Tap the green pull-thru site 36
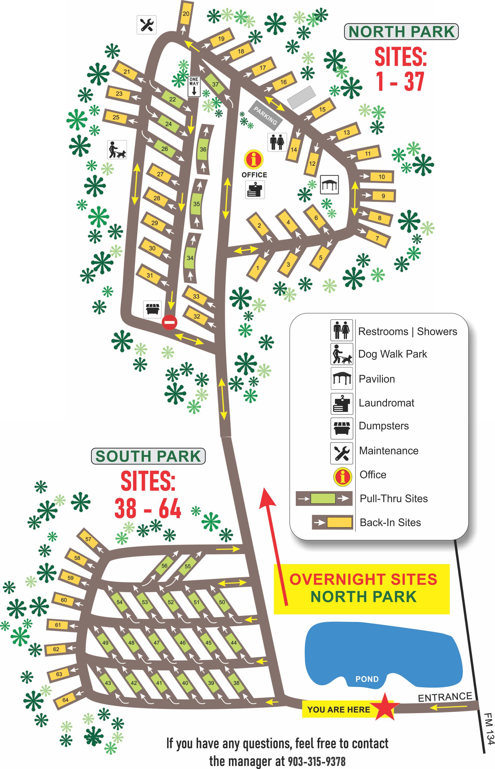pyautogui.click(x=203, y=149)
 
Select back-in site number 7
pyautogui.click(x=377, y=238)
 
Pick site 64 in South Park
pyautogui.click(x=66, y=700)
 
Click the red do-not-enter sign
pyautogui.click(x=170, y=322)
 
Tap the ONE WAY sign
pyautogui.click(x=194, y=86)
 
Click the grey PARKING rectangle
pyautogui.click(x=267, y=115)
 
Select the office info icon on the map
pyautogui.click(x=253, y=159)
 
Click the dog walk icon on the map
pyautogui.click(x=117, y=149)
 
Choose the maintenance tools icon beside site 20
pyautogui.click(x=146, y=25)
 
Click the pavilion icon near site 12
pyautogui.click(x=329, y=185)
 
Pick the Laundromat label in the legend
pyautogui.click(x=386, y=403)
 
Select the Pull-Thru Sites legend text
pyautogui.click(x=394, y=498)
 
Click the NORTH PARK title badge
pyautogui.click(x=401, y=32)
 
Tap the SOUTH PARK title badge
pyautogui.click(x=148, y=456)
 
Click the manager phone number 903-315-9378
pyautogui.click(x=317, y=761)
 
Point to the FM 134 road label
pyautogui.click(x=489, y=729)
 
